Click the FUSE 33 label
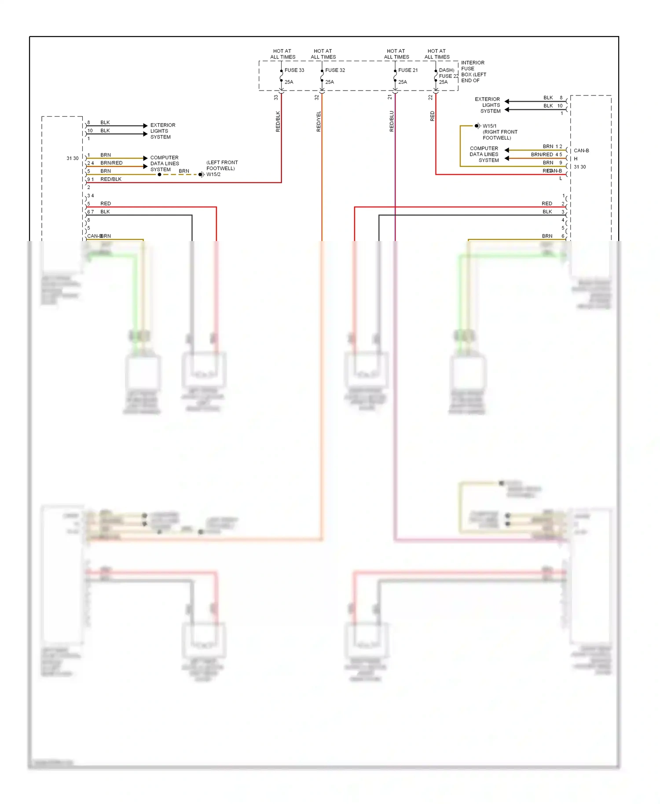[x=294, y=70]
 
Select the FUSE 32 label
[x=335, y=70]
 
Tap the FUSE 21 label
[x=408, y=70]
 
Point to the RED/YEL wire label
[x=319, y=121]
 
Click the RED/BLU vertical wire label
[x=392, y=121]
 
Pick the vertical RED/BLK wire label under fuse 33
[x=278, y=121]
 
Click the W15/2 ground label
[x=213, y=175]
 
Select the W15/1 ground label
[x=489, y=126]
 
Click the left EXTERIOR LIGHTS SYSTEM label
[x=162, y=131]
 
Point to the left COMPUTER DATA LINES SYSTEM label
[x=164, y=164]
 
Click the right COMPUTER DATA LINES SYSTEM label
[x=484, y=154]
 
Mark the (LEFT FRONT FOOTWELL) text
[x=222, y=165]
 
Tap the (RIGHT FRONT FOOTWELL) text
[x=500, y=135]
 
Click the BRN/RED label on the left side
[x=111, y=163]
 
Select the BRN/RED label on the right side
[x=542, y=155]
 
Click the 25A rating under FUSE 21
[x=402, y=82]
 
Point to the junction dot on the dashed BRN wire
[x=159, y=175]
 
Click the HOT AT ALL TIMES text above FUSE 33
[x=282, y=54]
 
